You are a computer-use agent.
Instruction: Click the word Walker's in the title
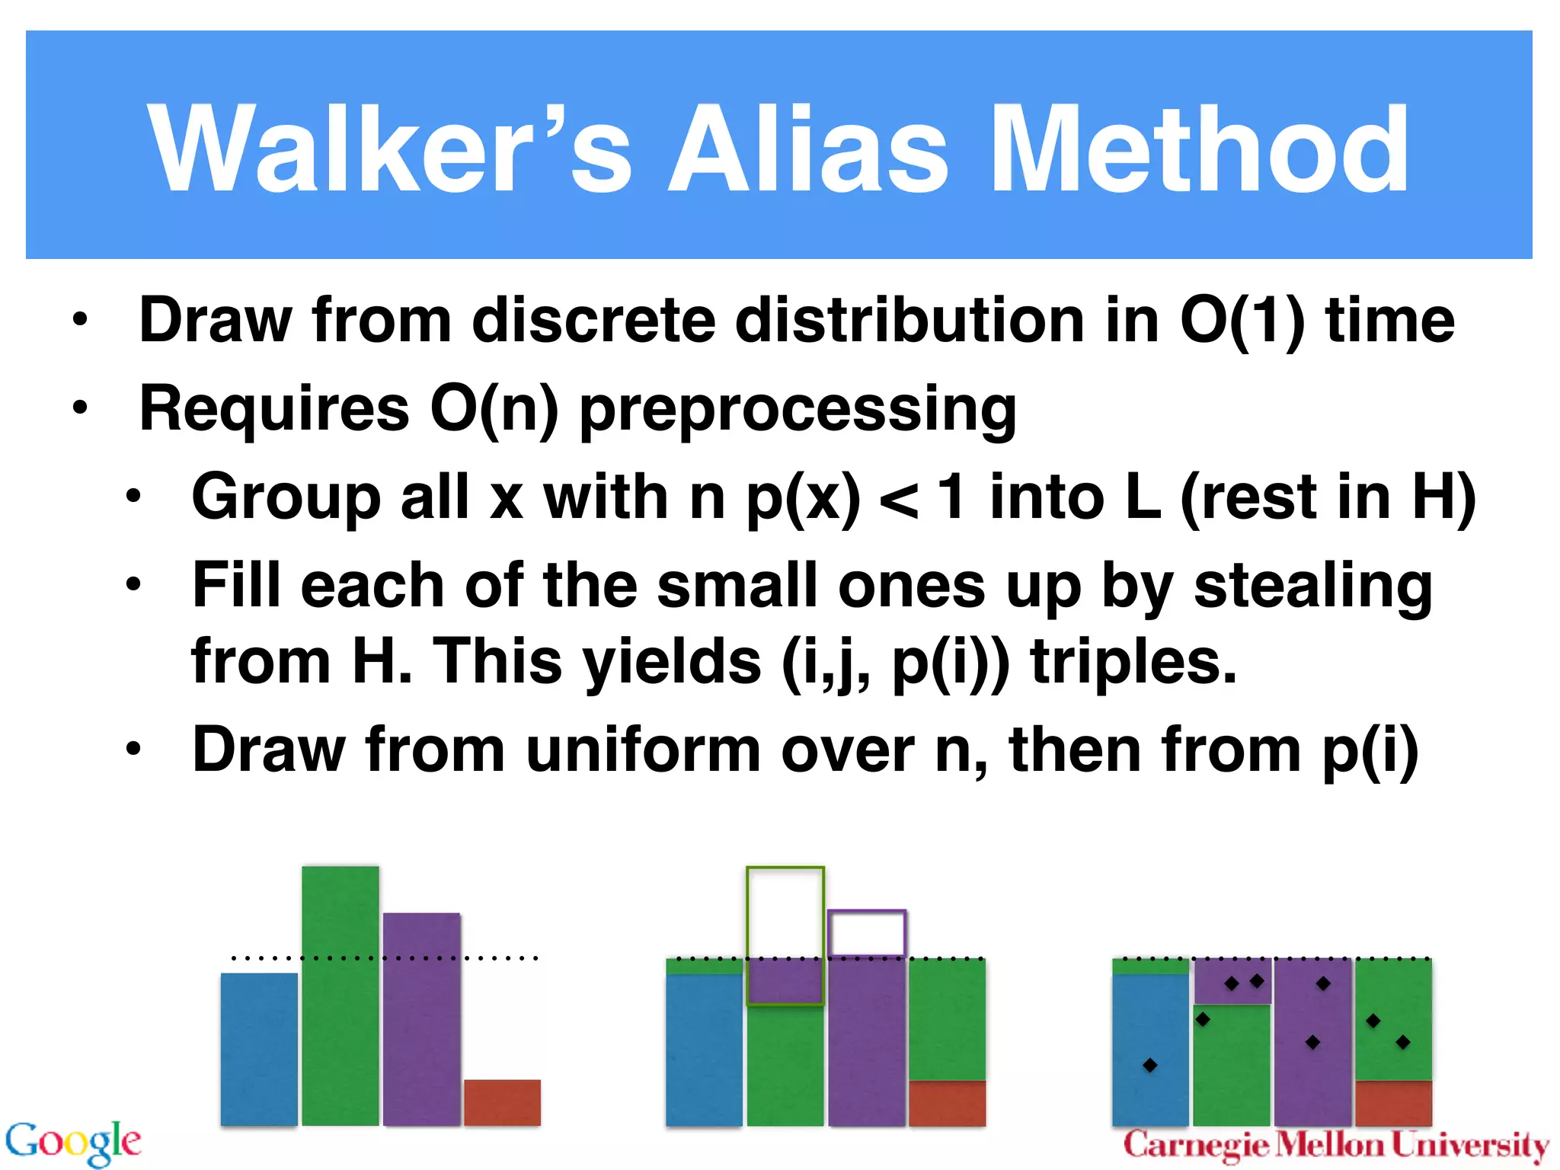click(x=388, y=149)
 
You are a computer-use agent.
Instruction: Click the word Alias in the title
click(x=807, y=149)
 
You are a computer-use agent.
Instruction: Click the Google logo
click(x=73, y=1143)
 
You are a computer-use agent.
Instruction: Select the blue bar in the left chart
click(x=259, y=1049)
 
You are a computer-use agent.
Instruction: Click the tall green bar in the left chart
click(x=340, y=995)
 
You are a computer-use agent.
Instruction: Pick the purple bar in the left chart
click(x=421, y=1018)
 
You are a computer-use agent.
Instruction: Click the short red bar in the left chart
click(x=502, y=1102)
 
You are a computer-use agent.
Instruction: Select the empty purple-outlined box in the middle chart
click(x=867, y=933)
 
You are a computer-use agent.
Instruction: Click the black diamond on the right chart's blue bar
click(x=1150, y=1065)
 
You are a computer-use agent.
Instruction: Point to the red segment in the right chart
click(x=1393, y=1103)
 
